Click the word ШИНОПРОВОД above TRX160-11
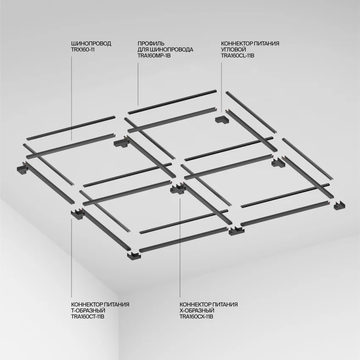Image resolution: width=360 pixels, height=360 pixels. pyautogui.click(x=91, y=43)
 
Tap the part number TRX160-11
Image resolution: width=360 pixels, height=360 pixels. pyautogui.click(x=83, y=50)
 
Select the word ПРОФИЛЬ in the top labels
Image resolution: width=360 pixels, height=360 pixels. pyautogui.click(x=151, y=43)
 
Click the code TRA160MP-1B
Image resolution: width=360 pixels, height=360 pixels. pyautogui.click(x=154, y=55)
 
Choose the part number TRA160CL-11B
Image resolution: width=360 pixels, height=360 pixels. pyautogui.click(x=238, y=55)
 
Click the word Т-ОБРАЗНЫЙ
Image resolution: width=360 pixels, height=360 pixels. pyautogui.click(x=88, y=310)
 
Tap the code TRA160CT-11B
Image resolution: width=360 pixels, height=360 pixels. pyautogui.click(x=88, y=317)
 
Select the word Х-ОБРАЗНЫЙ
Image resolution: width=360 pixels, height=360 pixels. pyautogui.click(x=197, y=310)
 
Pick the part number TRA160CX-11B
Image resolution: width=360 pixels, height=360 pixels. pyautogui.click(x=196, y=317)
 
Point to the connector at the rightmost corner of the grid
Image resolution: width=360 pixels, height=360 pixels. pyautogui.click(x=339, y=206)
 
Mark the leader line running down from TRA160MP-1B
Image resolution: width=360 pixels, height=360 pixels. pyautogui.click(x=138, y=84)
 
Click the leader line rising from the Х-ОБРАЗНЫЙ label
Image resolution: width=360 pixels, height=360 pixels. pyautogui.click(x=180, y=248)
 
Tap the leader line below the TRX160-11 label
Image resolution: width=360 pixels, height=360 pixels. pyautogui.click(x=72, y=98)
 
